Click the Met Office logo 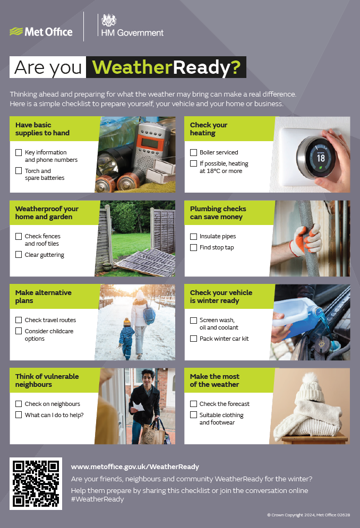[41, 32]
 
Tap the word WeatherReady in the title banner [166, 67]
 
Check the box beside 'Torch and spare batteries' [19, 171]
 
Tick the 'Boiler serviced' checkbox [193, 152]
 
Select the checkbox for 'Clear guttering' [19, 255]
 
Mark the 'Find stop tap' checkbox [193, 247]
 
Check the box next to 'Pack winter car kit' [193, 339]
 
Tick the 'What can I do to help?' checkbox [19, 415]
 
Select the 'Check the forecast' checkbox [193, 404]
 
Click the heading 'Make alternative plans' [44, 297]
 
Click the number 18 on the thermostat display [321, 158]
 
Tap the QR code [36, 483]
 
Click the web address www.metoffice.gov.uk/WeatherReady [135, 467]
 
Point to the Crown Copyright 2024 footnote [308, 515]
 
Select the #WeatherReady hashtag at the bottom [97, 499]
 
